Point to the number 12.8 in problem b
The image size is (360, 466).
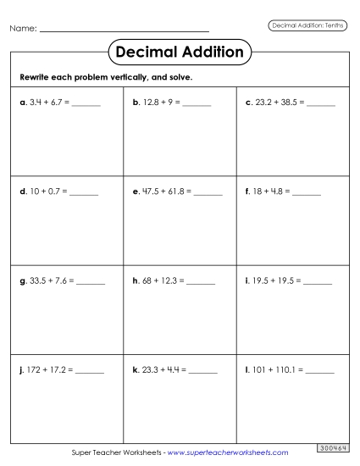coord(149,103)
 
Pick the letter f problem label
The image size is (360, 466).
coord(246,193)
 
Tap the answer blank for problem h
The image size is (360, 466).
coord(201,280)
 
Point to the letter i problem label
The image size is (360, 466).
coord(246,280)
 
